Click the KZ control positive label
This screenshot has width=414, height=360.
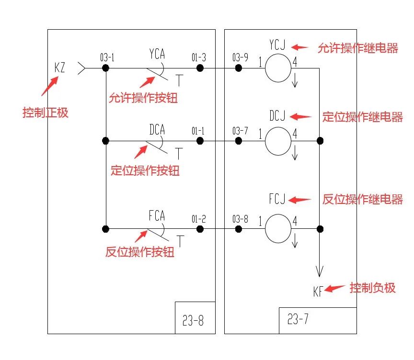(60, 68)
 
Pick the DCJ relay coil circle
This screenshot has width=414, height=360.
(278, 141)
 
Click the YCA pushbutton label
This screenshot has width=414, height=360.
(157, 54)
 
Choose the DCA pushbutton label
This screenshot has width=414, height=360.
(157, 129)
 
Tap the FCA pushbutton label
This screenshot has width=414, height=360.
(157, 215)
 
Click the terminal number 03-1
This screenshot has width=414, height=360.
(107, 58)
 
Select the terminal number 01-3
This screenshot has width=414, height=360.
(198, 58)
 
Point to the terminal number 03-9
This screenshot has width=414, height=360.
(240, 58)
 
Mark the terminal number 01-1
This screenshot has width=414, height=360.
(198, 131)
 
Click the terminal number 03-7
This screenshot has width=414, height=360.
(240, 131)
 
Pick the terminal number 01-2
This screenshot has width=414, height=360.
(198, 219)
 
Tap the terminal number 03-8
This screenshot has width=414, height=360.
(240, 219)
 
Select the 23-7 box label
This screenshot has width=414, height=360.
(298, 319)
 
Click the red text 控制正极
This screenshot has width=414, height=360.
(46, 113)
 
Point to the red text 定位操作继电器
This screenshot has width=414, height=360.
(363, 117)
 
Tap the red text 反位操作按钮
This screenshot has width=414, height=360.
(140, 252)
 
